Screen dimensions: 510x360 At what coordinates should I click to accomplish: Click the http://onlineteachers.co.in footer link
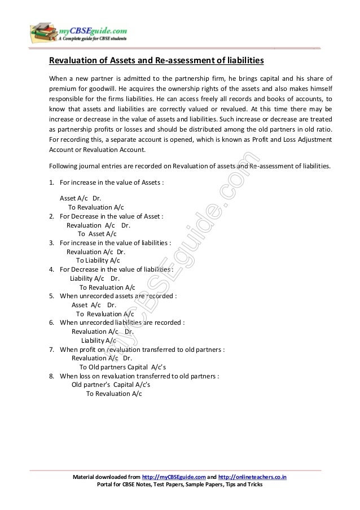click(x=252, y=478)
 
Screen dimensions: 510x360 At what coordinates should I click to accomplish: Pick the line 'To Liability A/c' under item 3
click(x=98, y=260)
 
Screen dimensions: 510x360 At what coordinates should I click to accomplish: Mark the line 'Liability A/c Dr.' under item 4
click(x=94, y=278)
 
